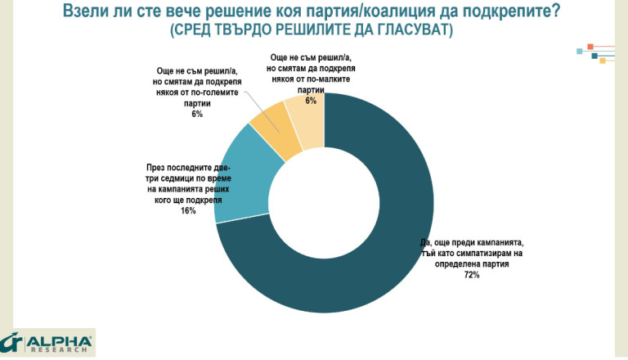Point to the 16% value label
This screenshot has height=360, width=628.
(x=188, y=210)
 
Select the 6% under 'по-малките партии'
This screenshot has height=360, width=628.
(x=311, y=100)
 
